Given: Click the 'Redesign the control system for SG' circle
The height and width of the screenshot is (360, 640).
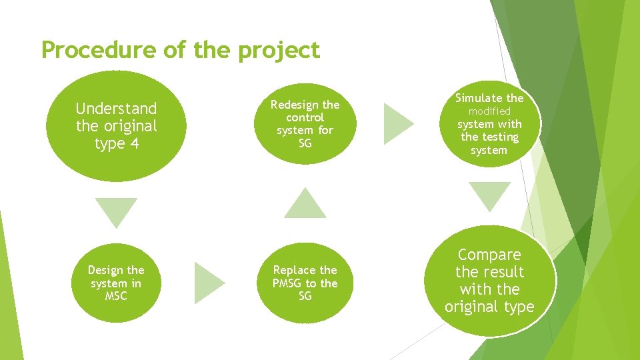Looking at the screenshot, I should (x=305, y=124).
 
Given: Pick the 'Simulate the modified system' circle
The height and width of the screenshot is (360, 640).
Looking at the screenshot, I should (x=489, y=124).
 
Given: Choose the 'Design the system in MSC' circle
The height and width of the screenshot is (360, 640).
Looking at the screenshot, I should (x=116, y=283).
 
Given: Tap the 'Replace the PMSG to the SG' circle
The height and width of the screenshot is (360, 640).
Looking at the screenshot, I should (x=305, y=283).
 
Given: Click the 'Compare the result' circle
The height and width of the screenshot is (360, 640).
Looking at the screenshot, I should (x=489, y=281).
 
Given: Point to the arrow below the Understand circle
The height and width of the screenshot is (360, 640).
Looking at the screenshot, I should (x=116, y=211).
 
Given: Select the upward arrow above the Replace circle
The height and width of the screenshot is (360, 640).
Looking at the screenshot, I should (x=305, y=204).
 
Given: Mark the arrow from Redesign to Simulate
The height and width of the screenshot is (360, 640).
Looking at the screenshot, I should (x=397, y=123).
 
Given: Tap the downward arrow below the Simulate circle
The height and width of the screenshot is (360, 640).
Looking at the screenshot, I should (x=489, y=196).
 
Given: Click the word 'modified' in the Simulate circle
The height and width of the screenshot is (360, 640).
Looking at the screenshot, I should (x=489, y=111).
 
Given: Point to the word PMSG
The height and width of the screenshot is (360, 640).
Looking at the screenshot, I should (x=287, y=283).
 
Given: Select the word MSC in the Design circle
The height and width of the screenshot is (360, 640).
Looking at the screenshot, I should (x=116, y=295).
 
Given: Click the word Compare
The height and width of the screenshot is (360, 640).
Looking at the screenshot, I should (x=489, y=255).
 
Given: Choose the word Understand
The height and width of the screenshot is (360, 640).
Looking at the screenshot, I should (x=117, y=109).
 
